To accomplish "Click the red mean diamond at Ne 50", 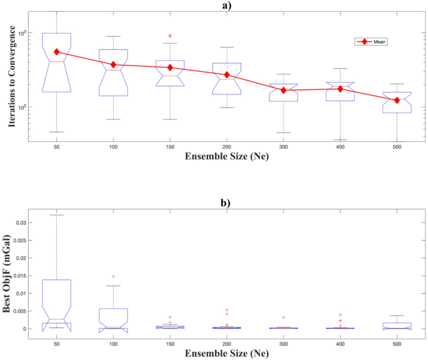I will [x=56, y=52].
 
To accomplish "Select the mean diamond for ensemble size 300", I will [x=283, y=90].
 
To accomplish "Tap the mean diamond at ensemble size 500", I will [x=397, y=100].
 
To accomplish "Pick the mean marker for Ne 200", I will [x=226, y=75].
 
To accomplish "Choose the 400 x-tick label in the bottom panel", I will [x=340, y=345].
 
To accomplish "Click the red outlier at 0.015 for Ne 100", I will [x=113, y=276].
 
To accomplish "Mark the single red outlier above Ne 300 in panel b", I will [x=283, y=317].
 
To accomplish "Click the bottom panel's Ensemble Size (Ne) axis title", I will [x=226, y=354].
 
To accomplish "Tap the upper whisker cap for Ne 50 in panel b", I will [x=56, y=215].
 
